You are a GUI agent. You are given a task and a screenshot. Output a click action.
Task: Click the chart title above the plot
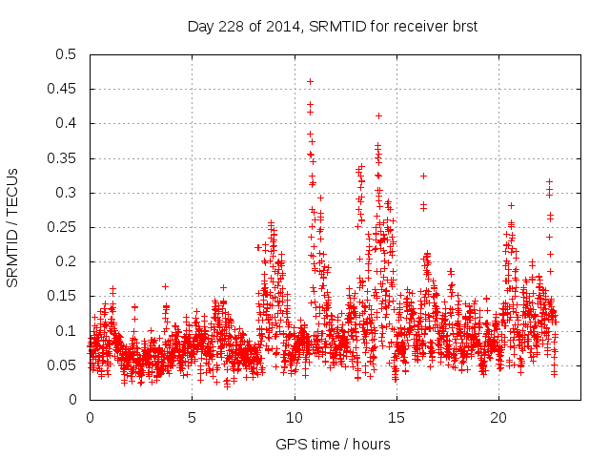click(332, 27)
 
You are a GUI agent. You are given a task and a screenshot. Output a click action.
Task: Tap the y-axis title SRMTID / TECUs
click(13, 227)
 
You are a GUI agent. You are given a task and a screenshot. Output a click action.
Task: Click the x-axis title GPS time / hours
click(333, 444)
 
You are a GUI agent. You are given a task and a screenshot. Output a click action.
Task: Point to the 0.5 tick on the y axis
click(68, 54)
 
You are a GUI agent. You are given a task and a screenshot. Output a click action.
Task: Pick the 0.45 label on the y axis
click(64, 89)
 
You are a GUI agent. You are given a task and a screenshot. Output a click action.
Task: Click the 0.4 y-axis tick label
click(68, 123)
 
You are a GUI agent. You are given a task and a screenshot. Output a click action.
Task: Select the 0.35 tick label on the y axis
click(64, 158)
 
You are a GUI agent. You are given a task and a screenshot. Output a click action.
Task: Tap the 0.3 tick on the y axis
click(68, 193)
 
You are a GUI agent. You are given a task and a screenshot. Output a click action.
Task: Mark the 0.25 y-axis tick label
click(64, 227)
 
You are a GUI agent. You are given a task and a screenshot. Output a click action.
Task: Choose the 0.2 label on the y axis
click(68, 261)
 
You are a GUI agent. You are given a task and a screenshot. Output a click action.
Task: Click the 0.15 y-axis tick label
click(64, 297)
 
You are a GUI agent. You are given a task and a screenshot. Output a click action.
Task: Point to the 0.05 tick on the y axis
click(64, 365)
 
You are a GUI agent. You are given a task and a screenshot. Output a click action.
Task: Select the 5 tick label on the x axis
click(192, 418)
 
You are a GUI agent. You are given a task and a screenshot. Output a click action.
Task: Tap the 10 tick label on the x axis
click(295, 418)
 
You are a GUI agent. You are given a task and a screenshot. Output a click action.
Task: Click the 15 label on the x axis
click(396, 418)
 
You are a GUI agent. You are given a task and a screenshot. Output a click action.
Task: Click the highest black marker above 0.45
click(310, 81)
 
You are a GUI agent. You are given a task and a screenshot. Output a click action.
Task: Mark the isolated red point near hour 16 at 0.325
click(423, 176)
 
